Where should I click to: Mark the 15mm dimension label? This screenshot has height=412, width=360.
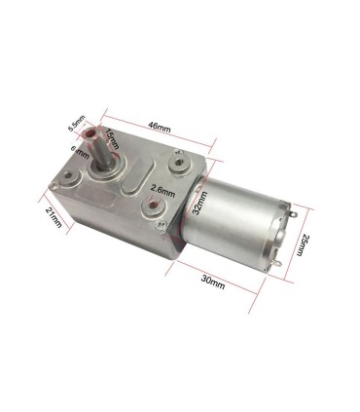(x=114, y=141)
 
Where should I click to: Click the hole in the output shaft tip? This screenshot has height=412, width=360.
(x=91, y=131)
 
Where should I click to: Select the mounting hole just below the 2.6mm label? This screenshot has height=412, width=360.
(x=154, y=207)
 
